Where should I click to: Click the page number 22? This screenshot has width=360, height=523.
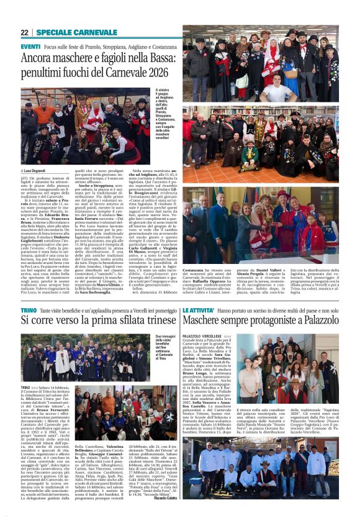24,32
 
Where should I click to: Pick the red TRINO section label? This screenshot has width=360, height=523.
29,309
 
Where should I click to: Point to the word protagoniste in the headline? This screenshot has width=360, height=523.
269,321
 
